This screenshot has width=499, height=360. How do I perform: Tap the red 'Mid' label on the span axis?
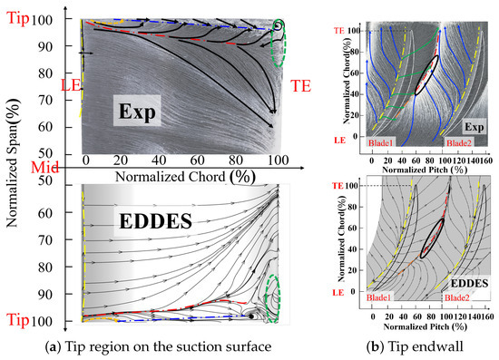[15, 166]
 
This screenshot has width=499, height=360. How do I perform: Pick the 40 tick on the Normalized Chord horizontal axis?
[159, 159]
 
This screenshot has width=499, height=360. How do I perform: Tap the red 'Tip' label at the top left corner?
[19, 18]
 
